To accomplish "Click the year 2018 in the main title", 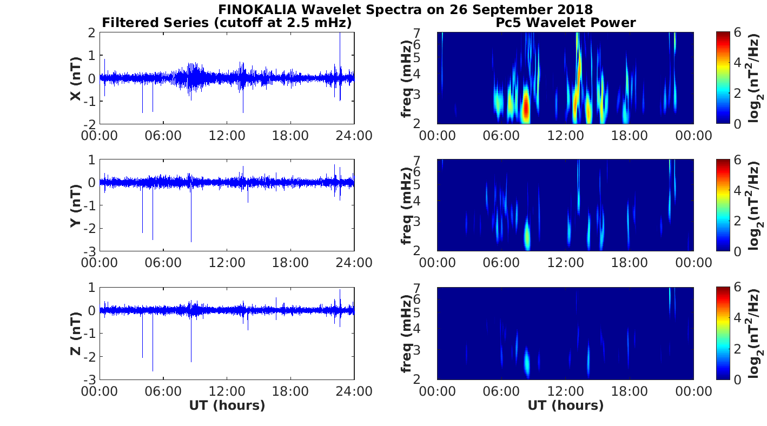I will click(574, 9).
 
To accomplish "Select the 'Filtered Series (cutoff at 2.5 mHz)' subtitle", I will click(227, 23).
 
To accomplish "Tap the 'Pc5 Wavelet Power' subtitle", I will click(565, 23).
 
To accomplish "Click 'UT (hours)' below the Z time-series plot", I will click(227, 405).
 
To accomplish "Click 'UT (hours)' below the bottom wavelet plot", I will click(565, 405).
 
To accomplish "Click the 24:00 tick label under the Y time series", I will click(355, 263).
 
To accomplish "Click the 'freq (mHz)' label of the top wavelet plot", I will click(407, 78).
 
